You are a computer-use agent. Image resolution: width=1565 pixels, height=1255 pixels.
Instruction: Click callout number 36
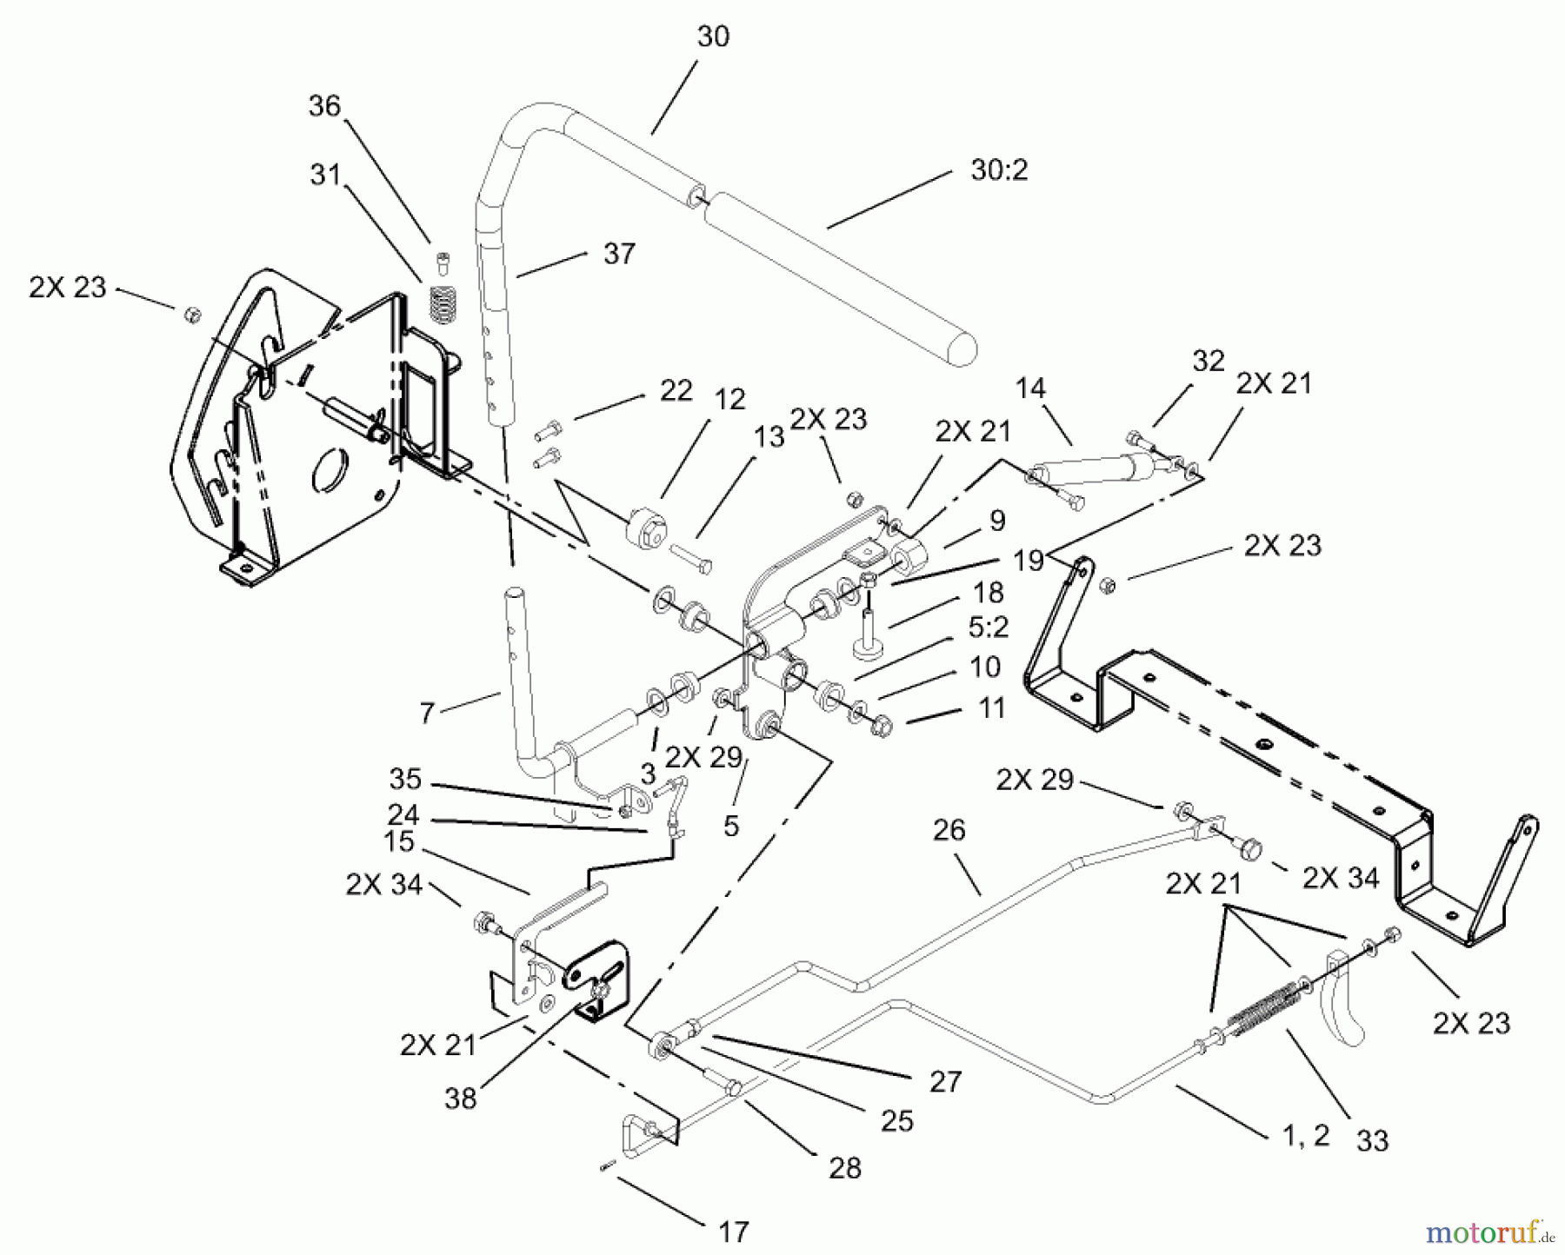324,106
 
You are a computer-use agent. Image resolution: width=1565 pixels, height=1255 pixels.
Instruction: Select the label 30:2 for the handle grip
999,169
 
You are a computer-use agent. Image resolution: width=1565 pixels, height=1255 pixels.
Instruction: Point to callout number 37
619,255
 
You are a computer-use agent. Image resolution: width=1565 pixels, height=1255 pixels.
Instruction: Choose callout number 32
1208,362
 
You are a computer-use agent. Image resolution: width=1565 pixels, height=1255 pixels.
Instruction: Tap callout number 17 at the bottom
734,1232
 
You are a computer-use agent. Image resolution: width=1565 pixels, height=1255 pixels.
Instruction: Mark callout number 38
460,1098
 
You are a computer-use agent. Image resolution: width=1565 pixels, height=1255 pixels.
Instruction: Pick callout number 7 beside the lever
426,714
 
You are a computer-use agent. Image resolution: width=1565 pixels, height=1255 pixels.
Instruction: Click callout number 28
844,1168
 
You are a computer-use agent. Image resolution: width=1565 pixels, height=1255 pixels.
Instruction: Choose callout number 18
989,593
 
